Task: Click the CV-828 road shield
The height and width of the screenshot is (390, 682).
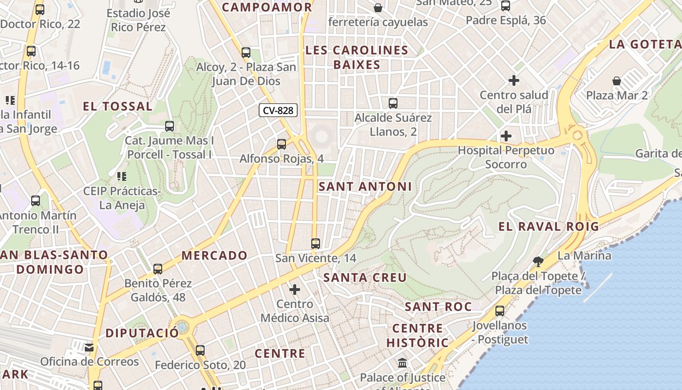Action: click(x=278, y=111)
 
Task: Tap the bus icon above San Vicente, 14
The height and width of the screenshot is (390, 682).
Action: click(x=316, y=243)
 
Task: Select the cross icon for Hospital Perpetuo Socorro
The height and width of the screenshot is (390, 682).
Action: click(x=506, y=136)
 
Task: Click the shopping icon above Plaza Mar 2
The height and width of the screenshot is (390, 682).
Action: click(x=617, y=80)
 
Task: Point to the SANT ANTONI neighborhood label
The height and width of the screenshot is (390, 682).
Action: click(x=365, y=186)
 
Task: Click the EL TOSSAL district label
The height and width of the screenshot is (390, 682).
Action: click(x=118, y=106)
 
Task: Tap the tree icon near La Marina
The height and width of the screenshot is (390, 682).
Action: click(x=538, y=262)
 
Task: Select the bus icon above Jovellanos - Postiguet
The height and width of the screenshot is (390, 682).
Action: click(x=500, y=311)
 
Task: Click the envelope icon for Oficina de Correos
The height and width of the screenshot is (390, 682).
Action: click(x=89, y=347)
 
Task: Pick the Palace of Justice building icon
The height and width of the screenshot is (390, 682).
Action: click(x=402, y=363)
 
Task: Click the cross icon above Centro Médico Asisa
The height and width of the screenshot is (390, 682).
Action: click(x=295, y=290)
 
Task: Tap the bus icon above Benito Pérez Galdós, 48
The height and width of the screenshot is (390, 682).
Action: click(x=158, y=269)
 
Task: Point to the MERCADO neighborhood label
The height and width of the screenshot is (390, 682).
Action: click(x=214, y=255)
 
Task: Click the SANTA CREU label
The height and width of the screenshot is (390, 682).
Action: click(x=365, y=277)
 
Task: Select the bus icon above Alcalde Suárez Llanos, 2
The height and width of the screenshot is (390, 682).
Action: click(x=393, y=103)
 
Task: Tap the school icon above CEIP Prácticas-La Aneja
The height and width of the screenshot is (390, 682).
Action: click(x=122, y=176)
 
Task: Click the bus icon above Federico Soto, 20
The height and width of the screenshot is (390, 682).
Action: click(x=200, y=350)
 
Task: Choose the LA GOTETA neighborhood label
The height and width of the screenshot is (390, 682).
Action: click(x=645, y=44)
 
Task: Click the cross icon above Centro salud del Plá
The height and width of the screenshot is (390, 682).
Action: click(x=514, y=80)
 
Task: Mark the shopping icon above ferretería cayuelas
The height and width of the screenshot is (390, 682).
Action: click(x=378, y=8)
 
